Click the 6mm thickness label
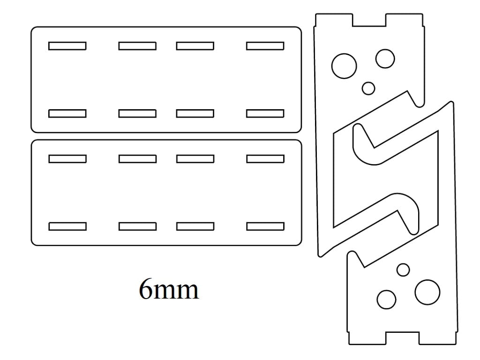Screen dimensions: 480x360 [x=169, y=289]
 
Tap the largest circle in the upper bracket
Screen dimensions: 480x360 [x=344, y=66]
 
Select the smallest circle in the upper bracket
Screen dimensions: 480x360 [x=368, y=89]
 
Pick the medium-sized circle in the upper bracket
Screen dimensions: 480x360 [x=385, y=59]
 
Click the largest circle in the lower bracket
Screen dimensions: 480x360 [x=427, y=292]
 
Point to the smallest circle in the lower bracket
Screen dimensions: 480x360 [x=403, y=270]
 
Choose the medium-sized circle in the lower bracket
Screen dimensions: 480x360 [x=386, y=300]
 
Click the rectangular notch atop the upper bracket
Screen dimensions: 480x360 [x=369, y=20]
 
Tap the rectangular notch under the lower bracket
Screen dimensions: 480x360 [x=402, y=338]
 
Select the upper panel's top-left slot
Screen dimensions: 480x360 [x=67, y=46]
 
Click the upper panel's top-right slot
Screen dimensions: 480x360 [x=265, y=46]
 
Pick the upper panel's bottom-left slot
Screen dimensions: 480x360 [x=67, y=113]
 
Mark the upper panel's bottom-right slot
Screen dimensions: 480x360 [x=265, y=113]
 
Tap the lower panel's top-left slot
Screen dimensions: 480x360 [x=67, y=159]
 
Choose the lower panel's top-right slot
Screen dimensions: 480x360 [x=265, y=159]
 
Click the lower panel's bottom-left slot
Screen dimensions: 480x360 [x=67, y=226]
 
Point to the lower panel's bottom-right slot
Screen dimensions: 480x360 [x=265, y=226]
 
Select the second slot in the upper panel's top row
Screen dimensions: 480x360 [x=137, y=46]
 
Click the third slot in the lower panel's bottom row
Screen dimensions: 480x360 [x=195, y=226]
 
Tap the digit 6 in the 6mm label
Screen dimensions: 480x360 [x=146, y=289]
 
